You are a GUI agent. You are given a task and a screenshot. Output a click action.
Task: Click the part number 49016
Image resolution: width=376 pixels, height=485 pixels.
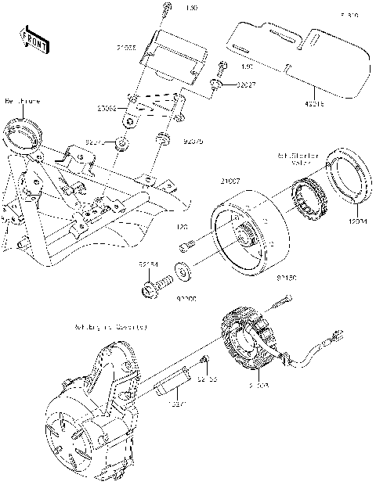coord(317,102)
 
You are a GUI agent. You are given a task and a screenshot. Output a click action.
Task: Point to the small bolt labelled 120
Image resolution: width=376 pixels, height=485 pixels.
coord(185,247)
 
